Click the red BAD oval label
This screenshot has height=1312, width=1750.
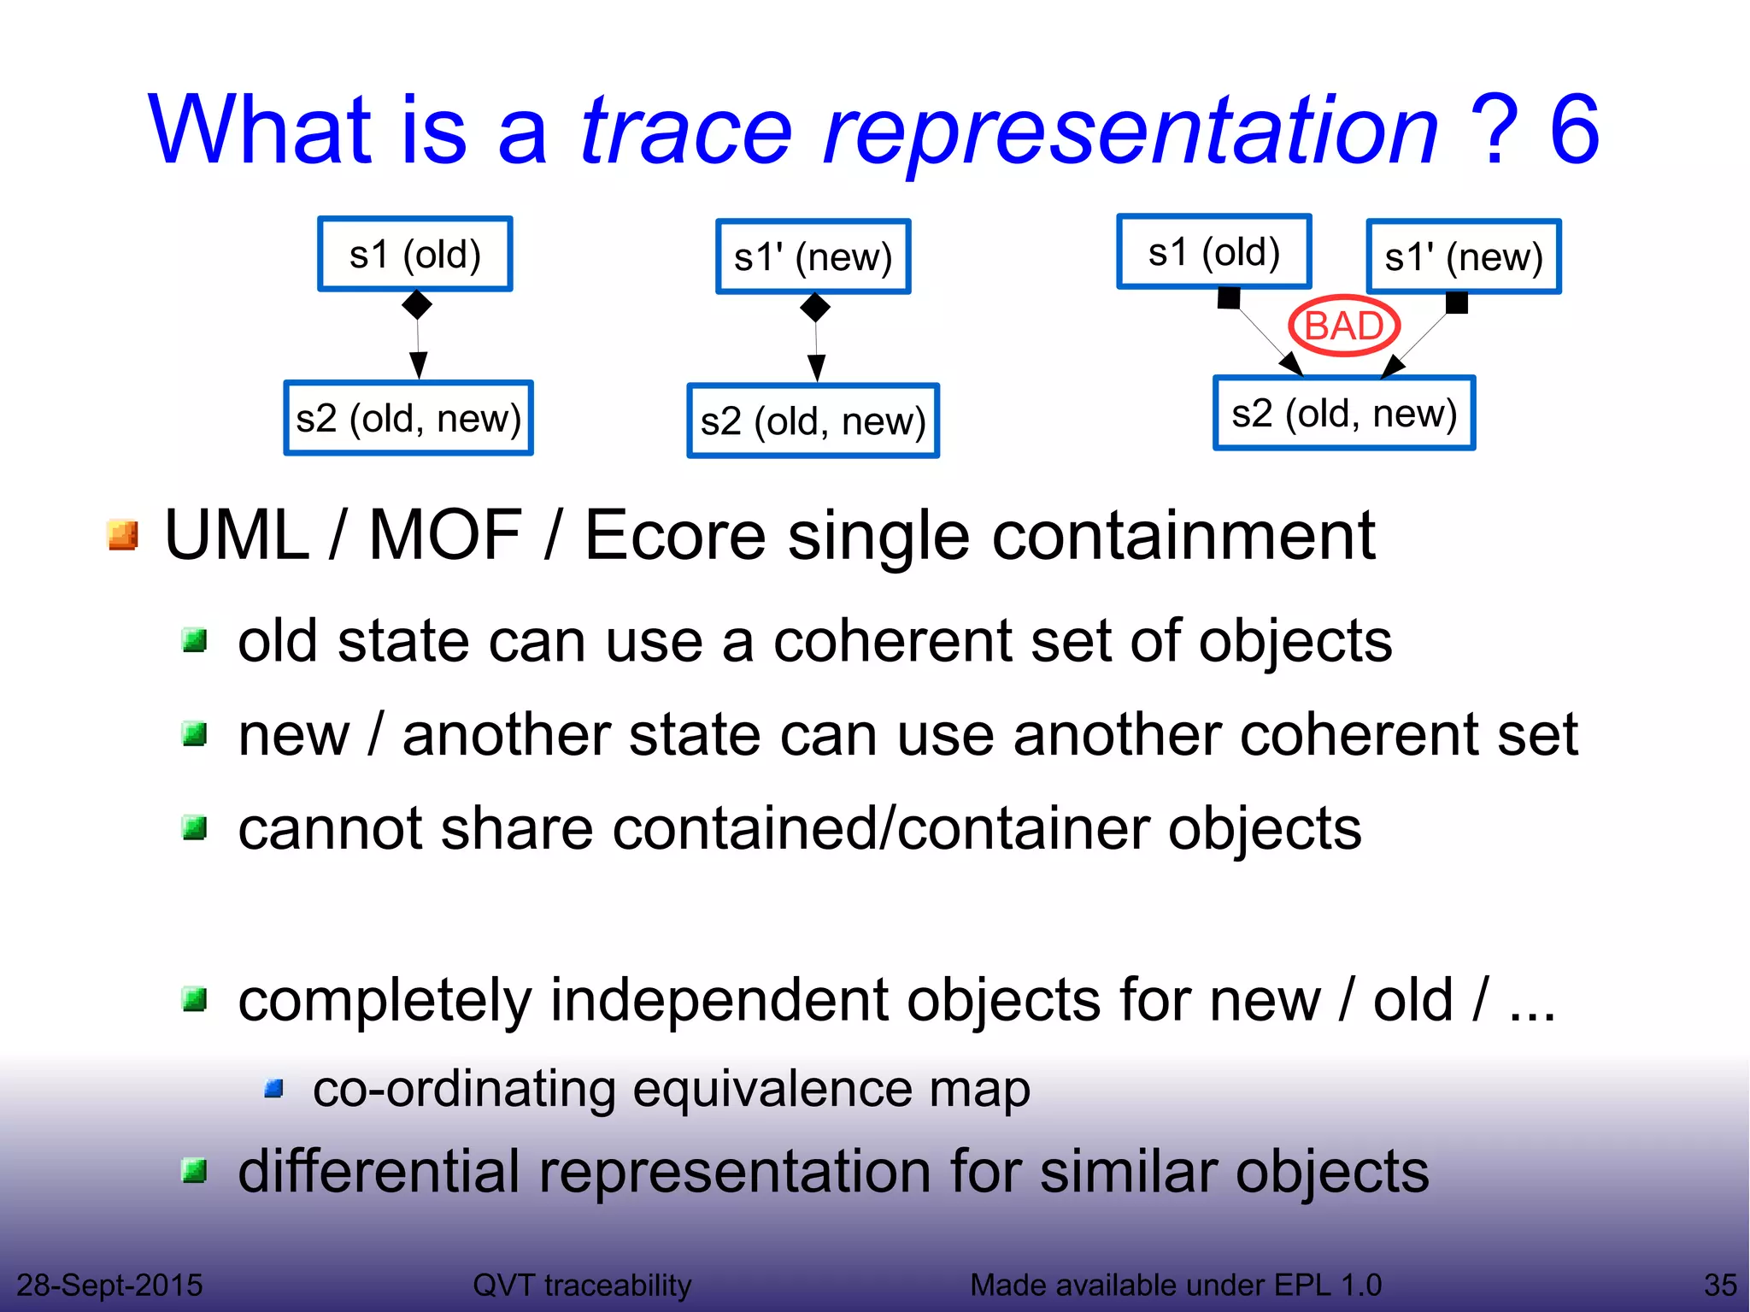click(1343, 327)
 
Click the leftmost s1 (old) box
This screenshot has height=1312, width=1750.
click(415, 255)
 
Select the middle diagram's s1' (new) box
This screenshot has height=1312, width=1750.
click(813, 257)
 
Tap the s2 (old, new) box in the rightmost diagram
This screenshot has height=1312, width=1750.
click(1344, 414)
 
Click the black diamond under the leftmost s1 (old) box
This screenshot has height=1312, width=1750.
click(416, 304)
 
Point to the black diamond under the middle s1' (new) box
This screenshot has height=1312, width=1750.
click(815, 308)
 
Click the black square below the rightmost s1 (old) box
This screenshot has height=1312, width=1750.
click(1229, 298)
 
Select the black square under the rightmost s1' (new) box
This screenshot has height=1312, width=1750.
click(1457, 303)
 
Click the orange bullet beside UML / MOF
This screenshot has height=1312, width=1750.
click(123, 536)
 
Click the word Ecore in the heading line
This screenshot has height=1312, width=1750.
click(674, 536)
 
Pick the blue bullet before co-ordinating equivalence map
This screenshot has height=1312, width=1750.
click(274, 1089)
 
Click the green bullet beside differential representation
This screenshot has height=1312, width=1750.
click(196, 1171)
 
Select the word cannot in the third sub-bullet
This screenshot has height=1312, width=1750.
click(330, 829)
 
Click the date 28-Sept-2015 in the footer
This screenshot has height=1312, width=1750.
click(109, 1285)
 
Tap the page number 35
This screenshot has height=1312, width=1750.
click(1719, 1285)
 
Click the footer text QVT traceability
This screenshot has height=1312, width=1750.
click(582, 1285)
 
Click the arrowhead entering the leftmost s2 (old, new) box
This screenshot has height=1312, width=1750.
click(418, 366)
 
